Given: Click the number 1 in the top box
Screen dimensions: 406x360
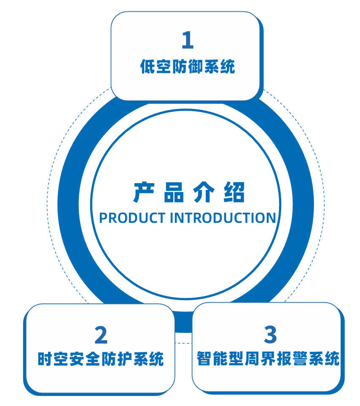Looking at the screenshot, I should pos(187,41).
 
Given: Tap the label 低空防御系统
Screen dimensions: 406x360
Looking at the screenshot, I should pos(187,67).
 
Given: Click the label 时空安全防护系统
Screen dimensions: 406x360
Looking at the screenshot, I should pos(100,360).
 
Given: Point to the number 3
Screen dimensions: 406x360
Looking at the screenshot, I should pos(270,335).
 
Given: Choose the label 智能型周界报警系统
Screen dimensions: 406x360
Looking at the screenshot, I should pos(268,359).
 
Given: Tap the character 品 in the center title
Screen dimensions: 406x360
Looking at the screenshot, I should pos(173,193).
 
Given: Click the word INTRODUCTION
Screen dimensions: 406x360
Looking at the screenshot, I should pos(223,218).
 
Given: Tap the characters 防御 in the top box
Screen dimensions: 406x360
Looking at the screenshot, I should pos(187,67).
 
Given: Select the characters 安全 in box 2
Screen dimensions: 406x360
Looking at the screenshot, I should pos(92,360).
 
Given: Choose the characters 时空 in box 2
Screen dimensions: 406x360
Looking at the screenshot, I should pos(53,360).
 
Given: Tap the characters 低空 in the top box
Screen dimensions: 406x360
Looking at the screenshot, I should pos(156,67).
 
